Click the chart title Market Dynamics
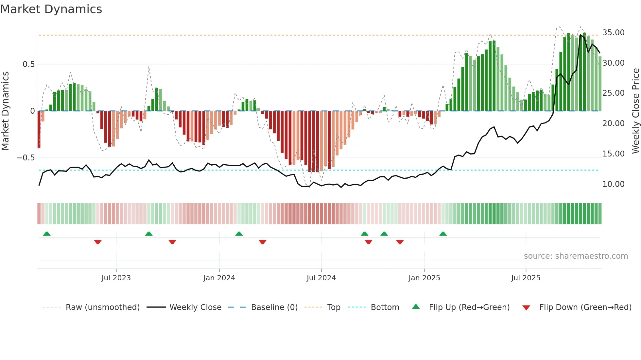click(51, 9)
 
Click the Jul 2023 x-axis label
click(116, 278)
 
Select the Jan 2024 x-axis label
click(219, 278)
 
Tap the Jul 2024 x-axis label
click(321, 278)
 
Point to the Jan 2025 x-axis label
click(424, 278)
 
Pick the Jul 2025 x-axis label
click(526, 278)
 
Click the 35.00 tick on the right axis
click(613, 33)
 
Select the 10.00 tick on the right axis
click(613, 184)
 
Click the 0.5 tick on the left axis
click(28, 64)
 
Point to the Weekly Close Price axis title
click(635, 111)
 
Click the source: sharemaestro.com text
click(576, 256)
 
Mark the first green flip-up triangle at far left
click(47, 234)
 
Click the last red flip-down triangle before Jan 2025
click(400, 242)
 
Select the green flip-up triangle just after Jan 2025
click(443, 234)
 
